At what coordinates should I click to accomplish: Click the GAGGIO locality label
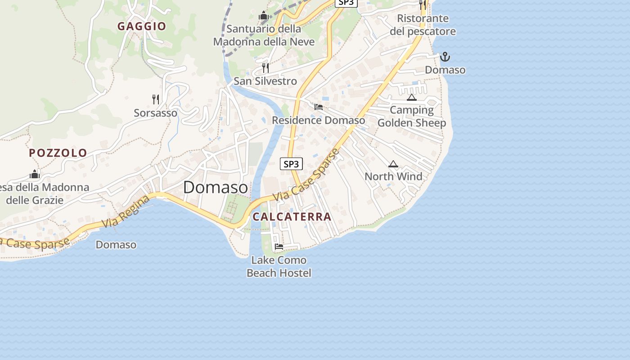(x=142, y=27)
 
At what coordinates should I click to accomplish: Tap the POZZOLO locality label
(x=58, y=153)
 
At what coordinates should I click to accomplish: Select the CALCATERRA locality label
(x=292, y=217)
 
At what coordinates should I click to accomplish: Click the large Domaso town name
(x=215, y=188)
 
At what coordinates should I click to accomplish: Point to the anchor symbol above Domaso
(x=445, y=57)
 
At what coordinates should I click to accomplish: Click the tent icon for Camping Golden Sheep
(x=411, y=97)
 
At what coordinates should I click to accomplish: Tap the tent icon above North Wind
(x=393, y=164)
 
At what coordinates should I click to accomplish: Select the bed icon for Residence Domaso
(x=319, y=107)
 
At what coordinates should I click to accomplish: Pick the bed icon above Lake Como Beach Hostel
(x=279, y=247)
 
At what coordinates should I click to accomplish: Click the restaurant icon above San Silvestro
(x=265, y=68)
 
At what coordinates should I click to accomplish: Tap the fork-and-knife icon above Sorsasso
(x=156, y=99)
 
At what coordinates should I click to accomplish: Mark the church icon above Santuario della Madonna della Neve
(x=264, y=16)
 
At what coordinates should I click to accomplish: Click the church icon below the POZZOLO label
(x=35, y=174)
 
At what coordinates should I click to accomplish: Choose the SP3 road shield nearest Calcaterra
(x=292, y=164)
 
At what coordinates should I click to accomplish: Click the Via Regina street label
(x=126, y=211)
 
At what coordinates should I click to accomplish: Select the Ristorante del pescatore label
(x=423, y=25)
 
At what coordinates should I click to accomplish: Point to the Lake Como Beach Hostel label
(x=279, y=266)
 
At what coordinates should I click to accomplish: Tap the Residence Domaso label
(x=318, y=121)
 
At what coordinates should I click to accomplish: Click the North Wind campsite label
(x=393, y=176)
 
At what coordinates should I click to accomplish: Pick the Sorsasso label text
(x=156, y=113)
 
